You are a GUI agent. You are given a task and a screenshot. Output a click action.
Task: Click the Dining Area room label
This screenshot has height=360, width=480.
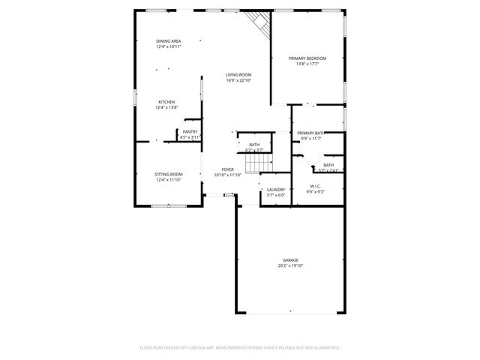tap(168, 40)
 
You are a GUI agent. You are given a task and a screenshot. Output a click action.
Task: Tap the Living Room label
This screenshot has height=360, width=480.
tap(238, 74)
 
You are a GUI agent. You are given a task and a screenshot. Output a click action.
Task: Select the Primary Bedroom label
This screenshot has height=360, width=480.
tap(307, 58)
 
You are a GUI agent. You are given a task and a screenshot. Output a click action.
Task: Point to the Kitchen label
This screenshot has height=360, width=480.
tap(166, 102)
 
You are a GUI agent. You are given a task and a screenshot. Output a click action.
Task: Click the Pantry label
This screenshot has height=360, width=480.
tap(190, 132)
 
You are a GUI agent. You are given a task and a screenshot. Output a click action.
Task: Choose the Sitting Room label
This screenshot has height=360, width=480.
tap(169, 174)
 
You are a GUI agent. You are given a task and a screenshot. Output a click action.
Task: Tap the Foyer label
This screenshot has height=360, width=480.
tap(227, 169)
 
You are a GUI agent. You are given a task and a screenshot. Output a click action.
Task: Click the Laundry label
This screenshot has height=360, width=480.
tap(276, 190)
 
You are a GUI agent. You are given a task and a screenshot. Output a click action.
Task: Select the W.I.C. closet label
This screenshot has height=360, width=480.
tap(315, 186)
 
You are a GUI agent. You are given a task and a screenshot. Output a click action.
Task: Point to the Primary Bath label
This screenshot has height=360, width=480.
tap(310, 133)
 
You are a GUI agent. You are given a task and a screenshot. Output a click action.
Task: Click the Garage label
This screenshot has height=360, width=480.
tap(290, 260)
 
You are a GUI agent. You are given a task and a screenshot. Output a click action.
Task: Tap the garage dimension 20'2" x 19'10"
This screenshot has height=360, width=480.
tap(290, 265)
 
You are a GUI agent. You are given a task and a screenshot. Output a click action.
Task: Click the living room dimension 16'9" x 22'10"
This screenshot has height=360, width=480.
tap(238, 80)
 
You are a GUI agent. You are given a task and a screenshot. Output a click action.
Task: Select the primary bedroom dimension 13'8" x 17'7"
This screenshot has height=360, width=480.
tap(307, 64)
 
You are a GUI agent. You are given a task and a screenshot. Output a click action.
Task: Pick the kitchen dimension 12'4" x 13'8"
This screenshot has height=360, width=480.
tap(166, 108)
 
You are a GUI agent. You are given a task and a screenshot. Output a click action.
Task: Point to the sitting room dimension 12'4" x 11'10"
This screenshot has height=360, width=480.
tap(169, 180)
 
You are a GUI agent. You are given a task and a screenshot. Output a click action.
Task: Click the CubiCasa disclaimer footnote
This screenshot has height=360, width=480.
tap(240, 348)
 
